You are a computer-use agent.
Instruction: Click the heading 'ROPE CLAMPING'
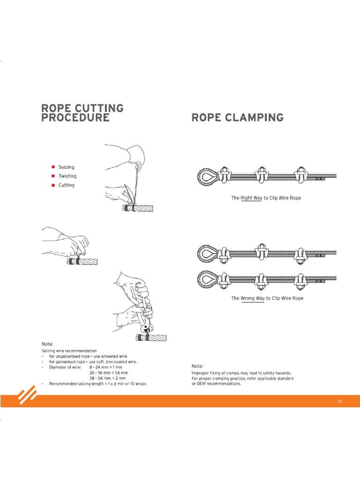coord(237,117)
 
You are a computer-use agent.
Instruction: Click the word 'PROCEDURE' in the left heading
coord(75,117)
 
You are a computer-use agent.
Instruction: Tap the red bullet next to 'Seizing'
coord(54,167)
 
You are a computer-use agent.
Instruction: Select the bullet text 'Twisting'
coord(67,176)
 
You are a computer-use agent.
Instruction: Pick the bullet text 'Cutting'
coord(66,185)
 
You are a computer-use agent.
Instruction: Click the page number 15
coord(340,401)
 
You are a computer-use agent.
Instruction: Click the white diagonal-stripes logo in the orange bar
coord(28,396)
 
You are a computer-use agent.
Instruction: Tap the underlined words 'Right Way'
coord(251,198)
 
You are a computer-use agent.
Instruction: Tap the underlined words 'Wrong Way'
coord(253,299)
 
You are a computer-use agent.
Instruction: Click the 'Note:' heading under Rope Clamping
coord(197,366)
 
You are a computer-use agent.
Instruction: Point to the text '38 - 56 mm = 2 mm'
coord(108,378)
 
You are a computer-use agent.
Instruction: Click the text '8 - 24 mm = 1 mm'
coord(107,367)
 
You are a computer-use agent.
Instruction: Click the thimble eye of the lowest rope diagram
coord(207,280)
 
